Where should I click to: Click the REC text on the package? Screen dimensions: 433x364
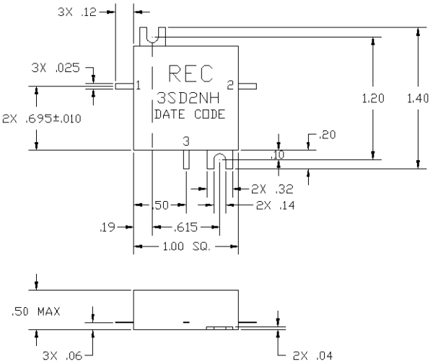click(x=191, y=74)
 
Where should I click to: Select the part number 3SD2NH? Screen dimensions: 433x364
click(x=188, y=98)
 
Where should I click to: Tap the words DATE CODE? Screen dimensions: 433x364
click(x=190, y=115)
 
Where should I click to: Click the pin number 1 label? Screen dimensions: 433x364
click(x=138, y=86)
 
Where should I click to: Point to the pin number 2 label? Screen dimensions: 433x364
click(x=230, y=85)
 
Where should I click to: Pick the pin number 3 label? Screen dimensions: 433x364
click(x=186, y=141)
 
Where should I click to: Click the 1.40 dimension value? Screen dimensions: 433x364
click(x=418, y=99)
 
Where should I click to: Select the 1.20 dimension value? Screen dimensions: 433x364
click(x=373, y=99)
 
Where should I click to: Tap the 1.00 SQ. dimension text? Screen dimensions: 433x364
click(x=187, y=247)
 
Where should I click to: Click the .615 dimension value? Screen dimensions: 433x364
click(x=185, y=227)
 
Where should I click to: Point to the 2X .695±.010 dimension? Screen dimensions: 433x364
click(x=42, y=119)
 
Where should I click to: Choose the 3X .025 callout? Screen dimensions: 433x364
click(x=56, y=68)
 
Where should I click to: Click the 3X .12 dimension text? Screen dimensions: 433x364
click(x=77, y=12)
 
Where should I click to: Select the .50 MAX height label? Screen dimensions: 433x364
click(x=35, y=311)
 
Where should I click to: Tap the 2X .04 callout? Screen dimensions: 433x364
click(x=312, y=356)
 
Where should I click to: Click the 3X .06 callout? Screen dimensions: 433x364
click(x=62, y=356)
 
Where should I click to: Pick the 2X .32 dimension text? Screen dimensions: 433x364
click(x=272, y=189)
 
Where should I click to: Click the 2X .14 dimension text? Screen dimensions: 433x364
click(x=276, y=205)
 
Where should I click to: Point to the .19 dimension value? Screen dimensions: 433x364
click(x=108, y=227)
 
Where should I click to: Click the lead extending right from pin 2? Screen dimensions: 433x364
click(x=248, y=86)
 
